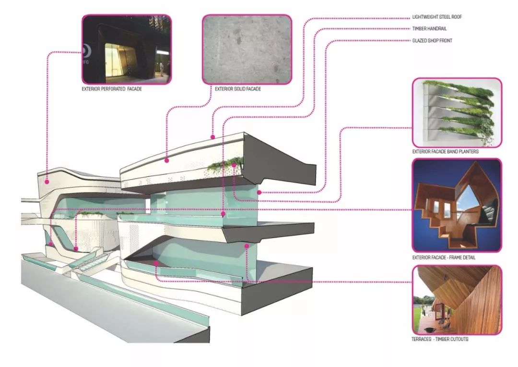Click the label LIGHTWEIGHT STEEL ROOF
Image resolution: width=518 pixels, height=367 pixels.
click(437, 17)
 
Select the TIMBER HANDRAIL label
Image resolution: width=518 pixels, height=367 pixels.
click(429, 29)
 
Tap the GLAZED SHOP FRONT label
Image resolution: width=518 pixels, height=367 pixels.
click(432, 41)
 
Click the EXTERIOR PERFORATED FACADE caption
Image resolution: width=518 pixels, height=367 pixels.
click(112, 89)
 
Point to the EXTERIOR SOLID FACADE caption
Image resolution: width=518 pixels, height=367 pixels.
click(238, 89)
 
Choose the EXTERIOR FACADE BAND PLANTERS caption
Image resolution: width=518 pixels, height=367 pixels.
click(445, 152)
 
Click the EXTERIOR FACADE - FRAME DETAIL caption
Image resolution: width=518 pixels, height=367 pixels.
click(444, 257)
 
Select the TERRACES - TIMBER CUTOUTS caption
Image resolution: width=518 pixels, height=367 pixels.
click(440, 339)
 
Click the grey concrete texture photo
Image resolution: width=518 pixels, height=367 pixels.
click(247, 49)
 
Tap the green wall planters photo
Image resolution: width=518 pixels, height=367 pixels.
click(457, 112)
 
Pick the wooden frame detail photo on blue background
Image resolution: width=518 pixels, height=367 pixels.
click(457, 206)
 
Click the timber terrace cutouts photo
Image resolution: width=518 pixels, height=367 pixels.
click(457, 300)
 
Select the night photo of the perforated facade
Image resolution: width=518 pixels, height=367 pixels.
click(127, 49)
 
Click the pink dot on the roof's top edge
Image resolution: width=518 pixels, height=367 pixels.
click(213, 137)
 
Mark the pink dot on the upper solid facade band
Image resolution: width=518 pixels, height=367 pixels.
click(167, 160)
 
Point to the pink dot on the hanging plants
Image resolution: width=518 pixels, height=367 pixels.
click(234, 165)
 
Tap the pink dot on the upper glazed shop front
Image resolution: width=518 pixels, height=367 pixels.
click(259, 192)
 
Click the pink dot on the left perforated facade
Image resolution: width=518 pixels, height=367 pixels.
click(47, 182)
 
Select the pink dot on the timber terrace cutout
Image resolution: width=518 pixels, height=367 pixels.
click(156, 264)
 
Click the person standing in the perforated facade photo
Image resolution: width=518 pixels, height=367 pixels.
click(161, 70)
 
